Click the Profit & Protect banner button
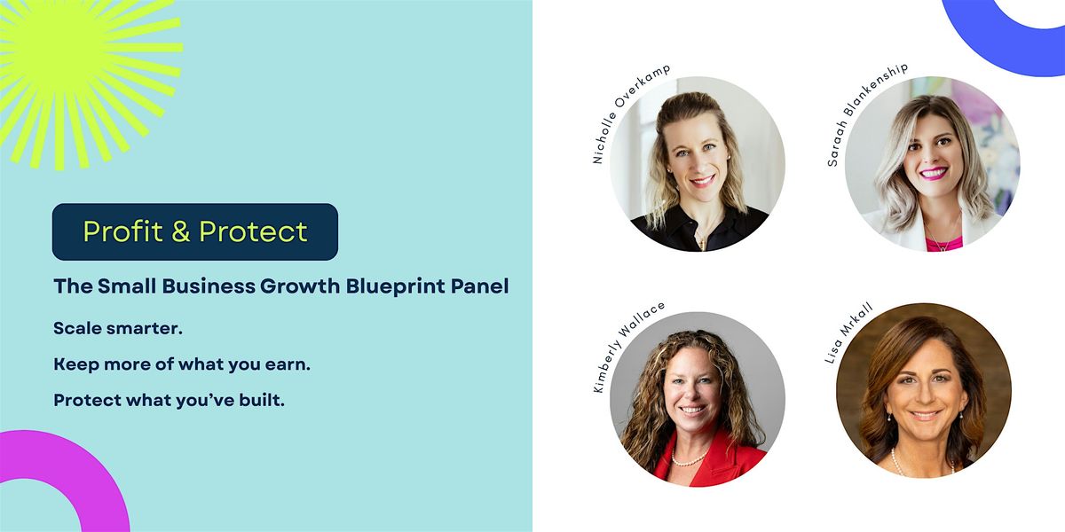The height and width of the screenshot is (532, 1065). [195, 231]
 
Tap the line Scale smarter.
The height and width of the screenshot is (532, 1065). [118, 328]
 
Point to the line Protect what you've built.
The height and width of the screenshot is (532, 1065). [169, 400]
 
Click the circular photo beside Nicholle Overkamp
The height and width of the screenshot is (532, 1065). [697, 164]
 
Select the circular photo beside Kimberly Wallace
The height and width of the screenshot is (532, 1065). [697, 399]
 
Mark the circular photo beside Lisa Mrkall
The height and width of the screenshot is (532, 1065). [923, 390]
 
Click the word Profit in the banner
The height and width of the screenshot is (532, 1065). [122, 231]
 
